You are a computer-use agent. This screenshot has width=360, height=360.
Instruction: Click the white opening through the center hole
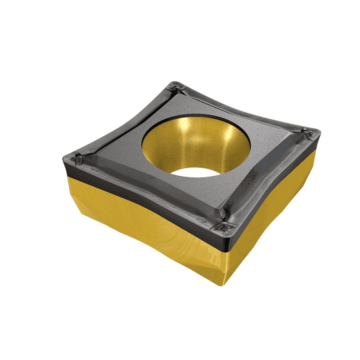pyautogui.click(x=195, y=172)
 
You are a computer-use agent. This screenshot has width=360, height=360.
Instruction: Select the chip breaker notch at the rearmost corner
pyautogui.click(x=175, y=89)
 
